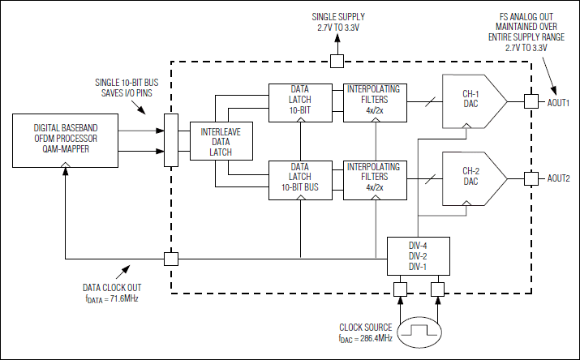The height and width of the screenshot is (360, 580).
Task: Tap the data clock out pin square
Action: (x=171, y=259)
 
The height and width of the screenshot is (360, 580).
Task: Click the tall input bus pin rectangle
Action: (x=170, y=140)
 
